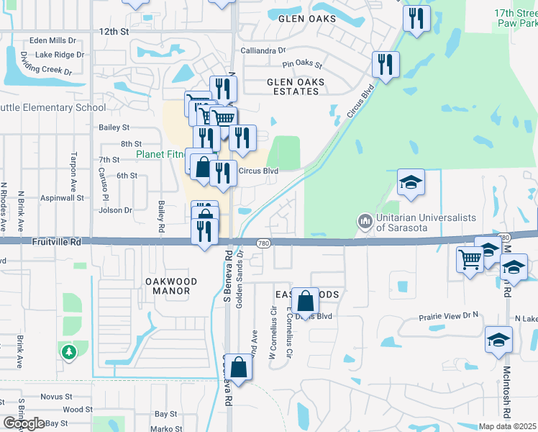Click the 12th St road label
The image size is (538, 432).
point(114,32)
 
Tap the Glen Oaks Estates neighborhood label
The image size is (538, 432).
point(293,86)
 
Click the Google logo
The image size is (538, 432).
point(24,423)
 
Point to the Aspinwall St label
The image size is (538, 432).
point(62,197)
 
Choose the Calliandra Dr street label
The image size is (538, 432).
point(263,50)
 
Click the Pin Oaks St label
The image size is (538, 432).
point(302,64)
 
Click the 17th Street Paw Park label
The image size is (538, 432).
point(516,19)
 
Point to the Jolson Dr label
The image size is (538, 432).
point(116,210)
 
